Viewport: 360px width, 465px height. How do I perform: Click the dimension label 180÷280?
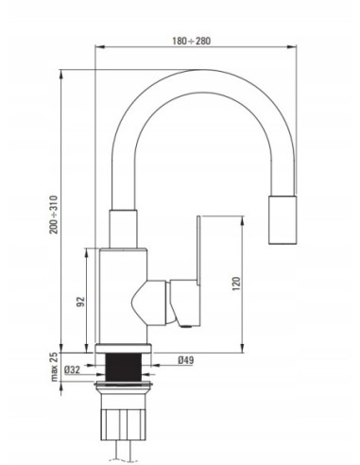click(191, 41)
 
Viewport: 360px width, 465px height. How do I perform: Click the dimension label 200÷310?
click(54, 215)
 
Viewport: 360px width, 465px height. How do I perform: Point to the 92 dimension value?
click(81, 301)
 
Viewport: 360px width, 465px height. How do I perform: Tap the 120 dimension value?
click(236, 284)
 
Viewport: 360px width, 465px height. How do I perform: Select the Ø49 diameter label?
click(186, 360)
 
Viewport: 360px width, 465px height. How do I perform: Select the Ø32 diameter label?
click(72, 370)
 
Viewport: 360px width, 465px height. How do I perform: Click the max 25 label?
click(54, 367)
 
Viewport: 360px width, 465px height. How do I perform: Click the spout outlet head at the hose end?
click(283, 220)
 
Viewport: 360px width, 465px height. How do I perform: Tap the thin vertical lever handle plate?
click(198, 250)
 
